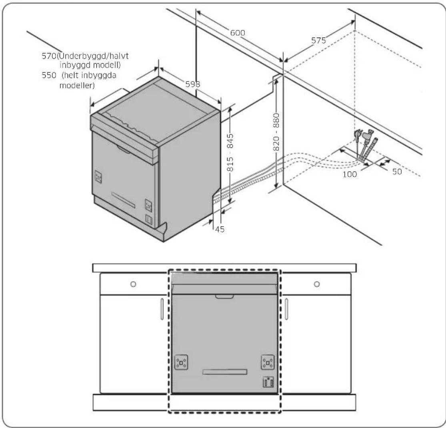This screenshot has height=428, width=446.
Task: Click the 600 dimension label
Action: click(238, 33)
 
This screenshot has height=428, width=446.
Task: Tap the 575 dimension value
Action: click(318, 41)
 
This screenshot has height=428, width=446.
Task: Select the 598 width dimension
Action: click(192, 84)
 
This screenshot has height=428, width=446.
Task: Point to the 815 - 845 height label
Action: click(230, 153)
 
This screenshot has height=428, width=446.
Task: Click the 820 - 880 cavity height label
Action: click(276, 132)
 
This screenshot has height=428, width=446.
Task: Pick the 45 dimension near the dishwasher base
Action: click(220, 229)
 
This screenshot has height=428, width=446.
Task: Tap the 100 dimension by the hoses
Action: click(350, 174)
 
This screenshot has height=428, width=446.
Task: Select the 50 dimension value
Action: click(397, 172)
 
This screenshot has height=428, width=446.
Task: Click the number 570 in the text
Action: click(49, 56)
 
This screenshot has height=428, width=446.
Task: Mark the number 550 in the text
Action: click(49, 75)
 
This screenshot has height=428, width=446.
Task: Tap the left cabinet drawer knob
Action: click(133, 284)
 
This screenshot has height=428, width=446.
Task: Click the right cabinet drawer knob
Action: click(317, 284)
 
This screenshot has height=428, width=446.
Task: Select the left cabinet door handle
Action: click(162, 309)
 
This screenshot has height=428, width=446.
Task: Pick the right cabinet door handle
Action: click(286, 309)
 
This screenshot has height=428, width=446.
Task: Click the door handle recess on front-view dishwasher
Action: click(224, 297)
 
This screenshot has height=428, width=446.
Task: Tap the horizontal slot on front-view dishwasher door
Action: click(225, 372)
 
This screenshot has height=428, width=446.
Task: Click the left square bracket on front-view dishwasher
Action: click(181, 362)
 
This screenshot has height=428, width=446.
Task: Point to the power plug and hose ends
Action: click(366, 145)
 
